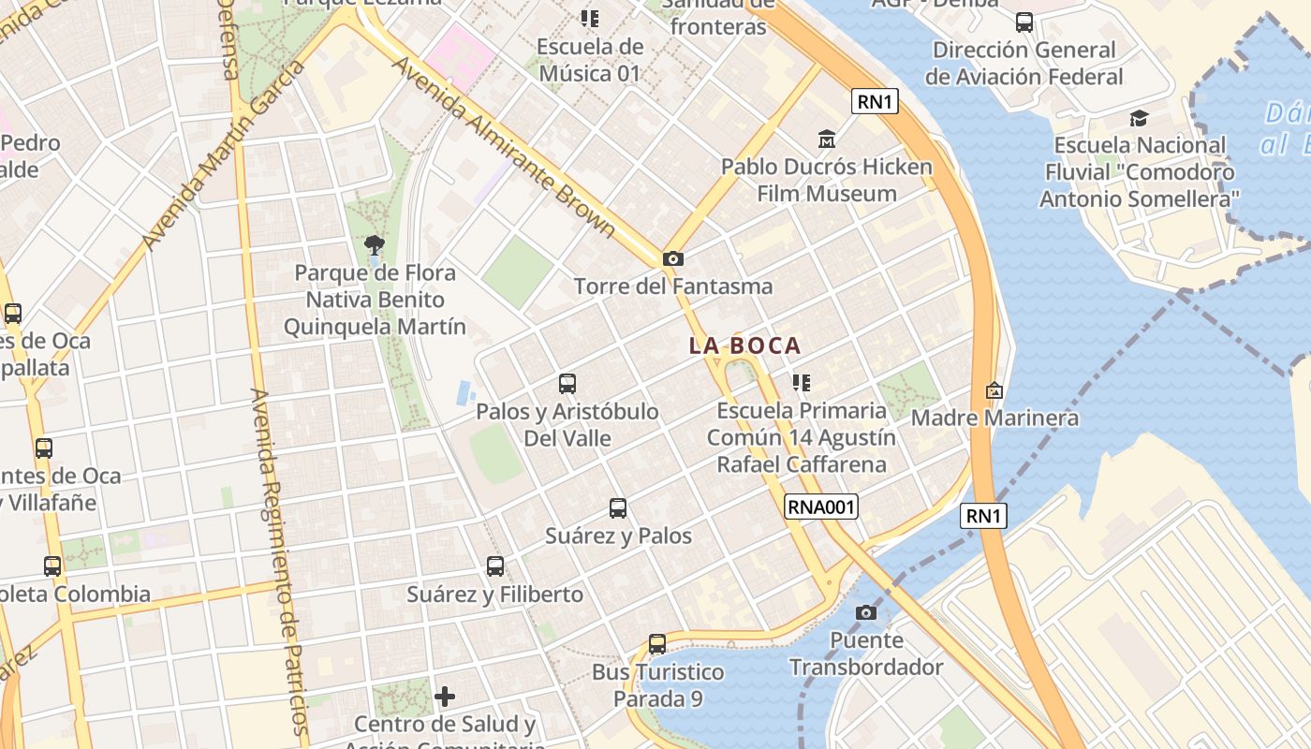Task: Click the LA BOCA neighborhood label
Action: click(x=745, y=345)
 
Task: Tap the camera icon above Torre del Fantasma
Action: click(x=672, y=258)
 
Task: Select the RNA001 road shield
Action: click(x=821, y=507)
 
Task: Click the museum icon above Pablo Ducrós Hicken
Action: click(x=827, y=140)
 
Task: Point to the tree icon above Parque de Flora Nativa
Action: click(x=375, y=245)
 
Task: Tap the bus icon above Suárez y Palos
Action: click(x=618, y=508)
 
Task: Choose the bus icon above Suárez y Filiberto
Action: click(x=495, y=566)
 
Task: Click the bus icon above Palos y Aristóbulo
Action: click(x=567, y=384)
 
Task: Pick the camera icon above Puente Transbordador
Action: click(x=867, y=612)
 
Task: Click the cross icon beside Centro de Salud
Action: click(x=445, y=697)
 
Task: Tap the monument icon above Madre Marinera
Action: click(x=994, y=389)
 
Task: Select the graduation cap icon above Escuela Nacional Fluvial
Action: click(x=1139, y=118)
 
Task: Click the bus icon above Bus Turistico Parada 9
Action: click(x=657, y=644)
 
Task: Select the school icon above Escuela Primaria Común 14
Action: click(x=801, y=382)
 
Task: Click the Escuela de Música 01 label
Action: click(x=590, y=60)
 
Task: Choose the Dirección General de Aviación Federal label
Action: click(x=1024, y=63)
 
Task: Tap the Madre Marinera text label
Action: click(x=994, y=418)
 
